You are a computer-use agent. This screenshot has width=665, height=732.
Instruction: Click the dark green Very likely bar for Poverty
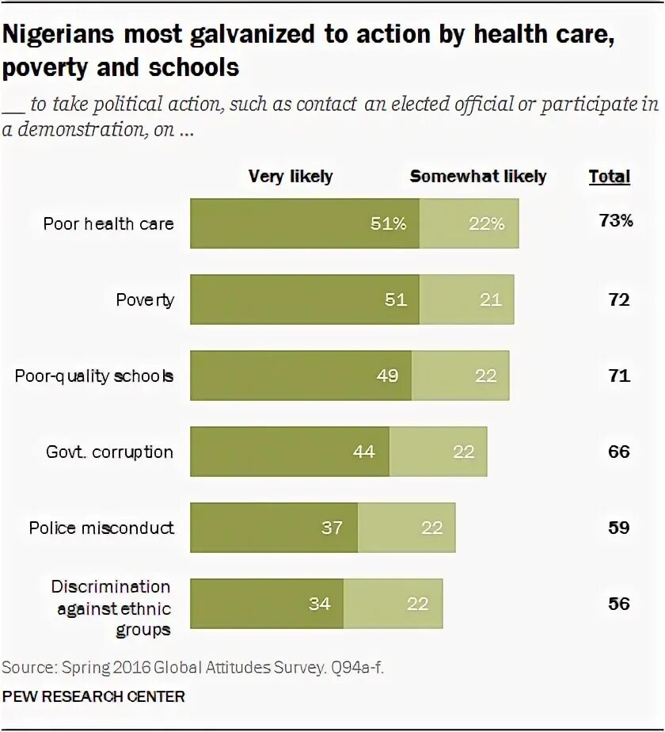305,299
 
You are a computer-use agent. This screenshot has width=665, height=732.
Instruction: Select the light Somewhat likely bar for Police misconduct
406,528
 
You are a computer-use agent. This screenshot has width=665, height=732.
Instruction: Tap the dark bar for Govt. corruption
290,452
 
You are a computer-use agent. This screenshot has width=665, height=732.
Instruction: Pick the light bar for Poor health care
469,223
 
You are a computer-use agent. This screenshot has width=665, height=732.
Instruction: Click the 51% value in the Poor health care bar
388,223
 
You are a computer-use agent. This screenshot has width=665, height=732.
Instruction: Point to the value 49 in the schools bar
387,376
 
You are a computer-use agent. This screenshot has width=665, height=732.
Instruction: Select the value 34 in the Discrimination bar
319,604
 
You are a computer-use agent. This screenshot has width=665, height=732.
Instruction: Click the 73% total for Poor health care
616,221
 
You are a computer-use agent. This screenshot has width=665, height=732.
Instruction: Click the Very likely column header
291,176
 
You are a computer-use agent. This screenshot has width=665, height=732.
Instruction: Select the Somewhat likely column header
477,176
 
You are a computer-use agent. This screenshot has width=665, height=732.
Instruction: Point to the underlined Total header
609,176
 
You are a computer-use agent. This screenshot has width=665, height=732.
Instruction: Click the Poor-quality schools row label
94,376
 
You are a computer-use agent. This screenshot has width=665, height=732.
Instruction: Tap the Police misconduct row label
101,528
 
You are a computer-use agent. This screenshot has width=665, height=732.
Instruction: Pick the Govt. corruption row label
109,452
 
